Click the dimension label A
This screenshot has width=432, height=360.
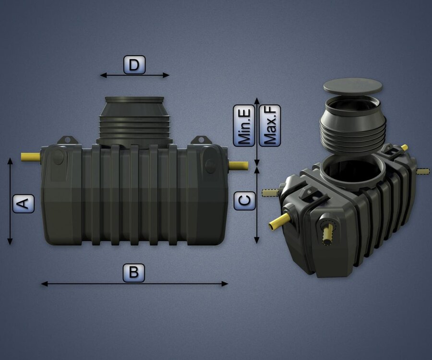click(x=24, y=204)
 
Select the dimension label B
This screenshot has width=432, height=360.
click(x=134, y=273)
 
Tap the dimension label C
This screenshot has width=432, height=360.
click(x=245, y=201)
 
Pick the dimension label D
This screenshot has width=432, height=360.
click(x=134, y=65)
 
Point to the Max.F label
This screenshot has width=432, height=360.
click(x=270, y=126)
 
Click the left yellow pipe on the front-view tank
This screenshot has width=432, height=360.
click(x=31, y=157)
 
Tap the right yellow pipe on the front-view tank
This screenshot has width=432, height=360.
click(x=238, y=166)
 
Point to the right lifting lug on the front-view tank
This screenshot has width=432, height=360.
click(x=201, y=140)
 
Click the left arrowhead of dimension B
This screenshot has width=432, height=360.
click(x=44, y=284)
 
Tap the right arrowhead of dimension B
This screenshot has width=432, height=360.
click(x=225, y=284)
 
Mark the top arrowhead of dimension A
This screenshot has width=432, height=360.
click(x=10, y=161)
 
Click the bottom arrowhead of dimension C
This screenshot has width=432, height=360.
click(x=257, y=240)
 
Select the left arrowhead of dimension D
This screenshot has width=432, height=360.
click(x=103, y=75)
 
